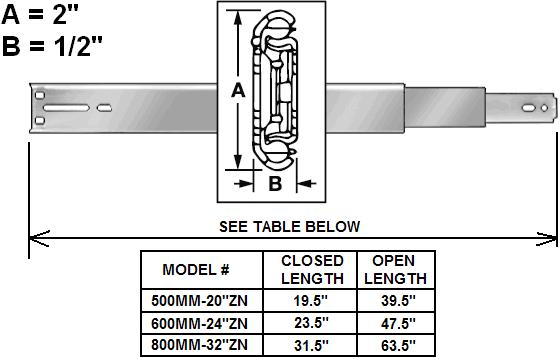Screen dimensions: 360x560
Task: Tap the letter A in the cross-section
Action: click(x=238, y=90)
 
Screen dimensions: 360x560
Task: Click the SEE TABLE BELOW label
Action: click(x=290, y=227)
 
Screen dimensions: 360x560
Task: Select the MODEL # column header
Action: click(x=196, y=270)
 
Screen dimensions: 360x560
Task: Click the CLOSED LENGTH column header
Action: click(x=312, y=269)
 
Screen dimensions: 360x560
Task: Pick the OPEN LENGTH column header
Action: click(x=393, y=269)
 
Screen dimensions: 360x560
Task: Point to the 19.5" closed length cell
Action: click(x=312, y=299)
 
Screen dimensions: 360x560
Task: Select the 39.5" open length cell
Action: click(x=393, y=299)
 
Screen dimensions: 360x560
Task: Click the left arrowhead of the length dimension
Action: click(x=37, y=238)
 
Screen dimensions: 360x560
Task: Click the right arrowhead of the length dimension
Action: click(x=551, y=238)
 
